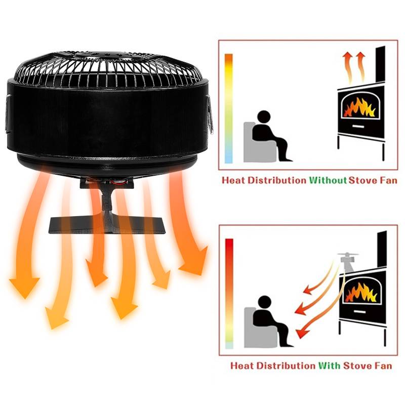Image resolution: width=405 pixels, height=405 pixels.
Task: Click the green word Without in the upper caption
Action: pos(328,180)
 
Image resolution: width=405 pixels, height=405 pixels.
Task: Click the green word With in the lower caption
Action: pos(330,366)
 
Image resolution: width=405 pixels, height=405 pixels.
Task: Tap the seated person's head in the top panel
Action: pos(264,117)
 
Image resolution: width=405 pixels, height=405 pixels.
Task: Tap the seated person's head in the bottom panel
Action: pos(264,302)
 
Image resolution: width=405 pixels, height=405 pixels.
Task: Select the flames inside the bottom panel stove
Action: pos(361,292)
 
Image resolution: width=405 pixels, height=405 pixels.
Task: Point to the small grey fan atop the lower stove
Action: pos(348,261)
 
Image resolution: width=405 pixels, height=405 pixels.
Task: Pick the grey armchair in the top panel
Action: pos(259,142)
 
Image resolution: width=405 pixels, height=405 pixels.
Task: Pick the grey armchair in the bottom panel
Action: pos(260,327)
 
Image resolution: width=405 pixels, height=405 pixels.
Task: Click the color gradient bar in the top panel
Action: pos(229,108)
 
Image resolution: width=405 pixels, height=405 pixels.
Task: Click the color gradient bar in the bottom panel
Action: pos(229,294)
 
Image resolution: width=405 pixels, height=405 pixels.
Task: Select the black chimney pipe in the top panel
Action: pos(381,65)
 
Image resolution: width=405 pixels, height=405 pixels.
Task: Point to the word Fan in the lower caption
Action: pos(383,366)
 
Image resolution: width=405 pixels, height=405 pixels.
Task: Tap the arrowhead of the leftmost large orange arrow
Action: pos(24,287)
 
